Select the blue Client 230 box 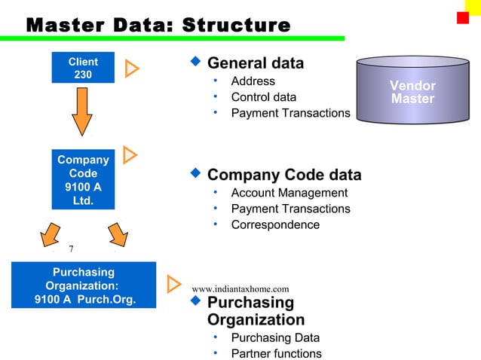tap(83, 68)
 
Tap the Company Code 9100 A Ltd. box tap(83, 181)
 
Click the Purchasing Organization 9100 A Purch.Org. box tap(84, 285)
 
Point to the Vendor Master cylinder tap(412, 91)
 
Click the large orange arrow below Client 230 tap(82, 112)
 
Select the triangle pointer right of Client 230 tap(132, 69)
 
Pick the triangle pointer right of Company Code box tap(130, 155)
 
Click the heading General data tap(255, 63)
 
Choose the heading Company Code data tap(283, 175)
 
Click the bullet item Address tap(253, 81)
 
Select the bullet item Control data tap(263, 97)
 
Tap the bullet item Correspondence tap(274, 224)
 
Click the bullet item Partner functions tap(276, 353)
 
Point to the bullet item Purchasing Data tap(274, 337)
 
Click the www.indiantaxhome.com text tap(240, 288)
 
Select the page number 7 tap(71, 249)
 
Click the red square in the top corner tap(462, 17)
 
